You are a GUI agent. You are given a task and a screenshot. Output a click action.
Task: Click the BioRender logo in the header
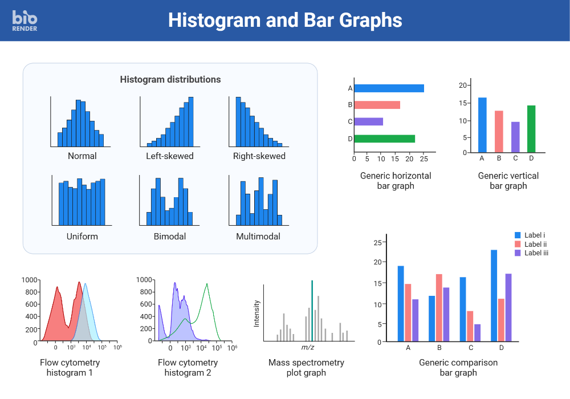pos(25,20)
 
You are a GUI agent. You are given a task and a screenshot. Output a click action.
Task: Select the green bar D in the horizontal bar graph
pos(384,139)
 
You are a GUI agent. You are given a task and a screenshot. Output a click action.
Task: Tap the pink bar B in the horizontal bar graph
pos(377,105)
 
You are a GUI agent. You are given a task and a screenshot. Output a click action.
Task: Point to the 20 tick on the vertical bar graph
pos(463,85)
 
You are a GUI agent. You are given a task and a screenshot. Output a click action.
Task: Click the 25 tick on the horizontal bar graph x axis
pos(424,159)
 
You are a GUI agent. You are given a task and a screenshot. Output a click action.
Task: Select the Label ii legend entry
pos(535,244)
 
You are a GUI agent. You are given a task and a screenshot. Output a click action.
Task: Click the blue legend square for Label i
pos(518,235)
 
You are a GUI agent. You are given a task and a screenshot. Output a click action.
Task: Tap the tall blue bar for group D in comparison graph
pos(494,295)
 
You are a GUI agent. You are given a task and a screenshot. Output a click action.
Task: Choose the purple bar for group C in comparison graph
pos(477,333)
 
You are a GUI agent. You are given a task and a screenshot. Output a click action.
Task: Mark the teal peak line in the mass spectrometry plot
pos(312,311)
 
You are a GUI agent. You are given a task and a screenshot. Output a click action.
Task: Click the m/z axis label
pos(308,347)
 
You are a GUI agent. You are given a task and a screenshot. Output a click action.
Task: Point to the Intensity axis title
pos(256,313)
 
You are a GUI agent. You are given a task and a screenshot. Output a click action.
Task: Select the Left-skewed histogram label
pos(170,156)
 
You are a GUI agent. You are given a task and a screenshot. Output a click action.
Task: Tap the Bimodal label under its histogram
pos(170,237)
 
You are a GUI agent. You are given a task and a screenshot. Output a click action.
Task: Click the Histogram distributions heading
pos(170,80)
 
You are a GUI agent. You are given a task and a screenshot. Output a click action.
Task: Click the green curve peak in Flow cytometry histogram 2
pos(207,284)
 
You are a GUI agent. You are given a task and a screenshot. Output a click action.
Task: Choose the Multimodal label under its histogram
pos(258,237)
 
